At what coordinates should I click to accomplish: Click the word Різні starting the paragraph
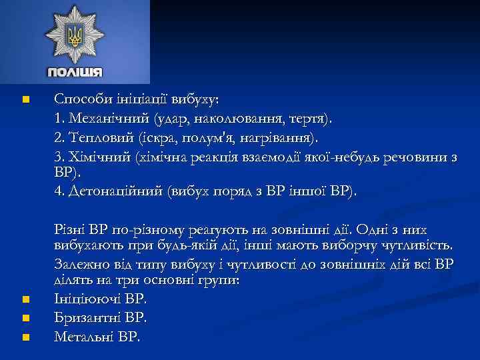coord(71,230)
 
